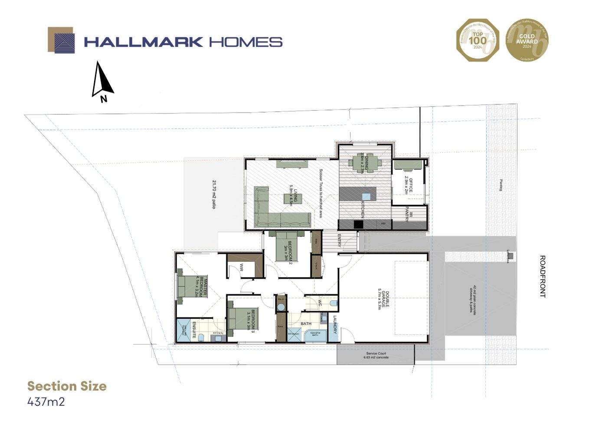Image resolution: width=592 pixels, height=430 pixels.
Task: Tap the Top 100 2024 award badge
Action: coord(477,40)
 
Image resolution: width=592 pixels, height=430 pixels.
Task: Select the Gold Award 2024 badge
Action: coord(527,40)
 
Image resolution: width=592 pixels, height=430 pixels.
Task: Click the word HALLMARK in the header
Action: coord(143,42)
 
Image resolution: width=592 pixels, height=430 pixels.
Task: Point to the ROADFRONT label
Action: coord(542,276)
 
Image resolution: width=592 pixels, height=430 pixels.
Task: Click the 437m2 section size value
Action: coord(46,402)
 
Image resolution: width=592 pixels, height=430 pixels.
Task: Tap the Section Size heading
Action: coord(67,386)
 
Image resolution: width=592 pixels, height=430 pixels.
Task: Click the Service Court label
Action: coord(376,355)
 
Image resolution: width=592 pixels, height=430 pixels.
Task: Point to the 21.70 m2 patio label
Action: coord(214,194)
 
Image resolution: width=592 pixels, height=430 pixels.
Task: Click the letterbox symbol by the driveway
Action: coord(510,256)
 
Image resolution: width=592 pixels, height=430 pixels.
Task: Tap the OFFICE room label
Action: coord(408,185)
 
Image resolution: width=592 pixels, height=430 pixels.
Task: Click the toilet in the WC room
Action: coord(332,303)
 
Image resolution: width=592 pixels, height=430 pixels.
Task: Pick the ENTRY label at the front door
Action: coord(339,241)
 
